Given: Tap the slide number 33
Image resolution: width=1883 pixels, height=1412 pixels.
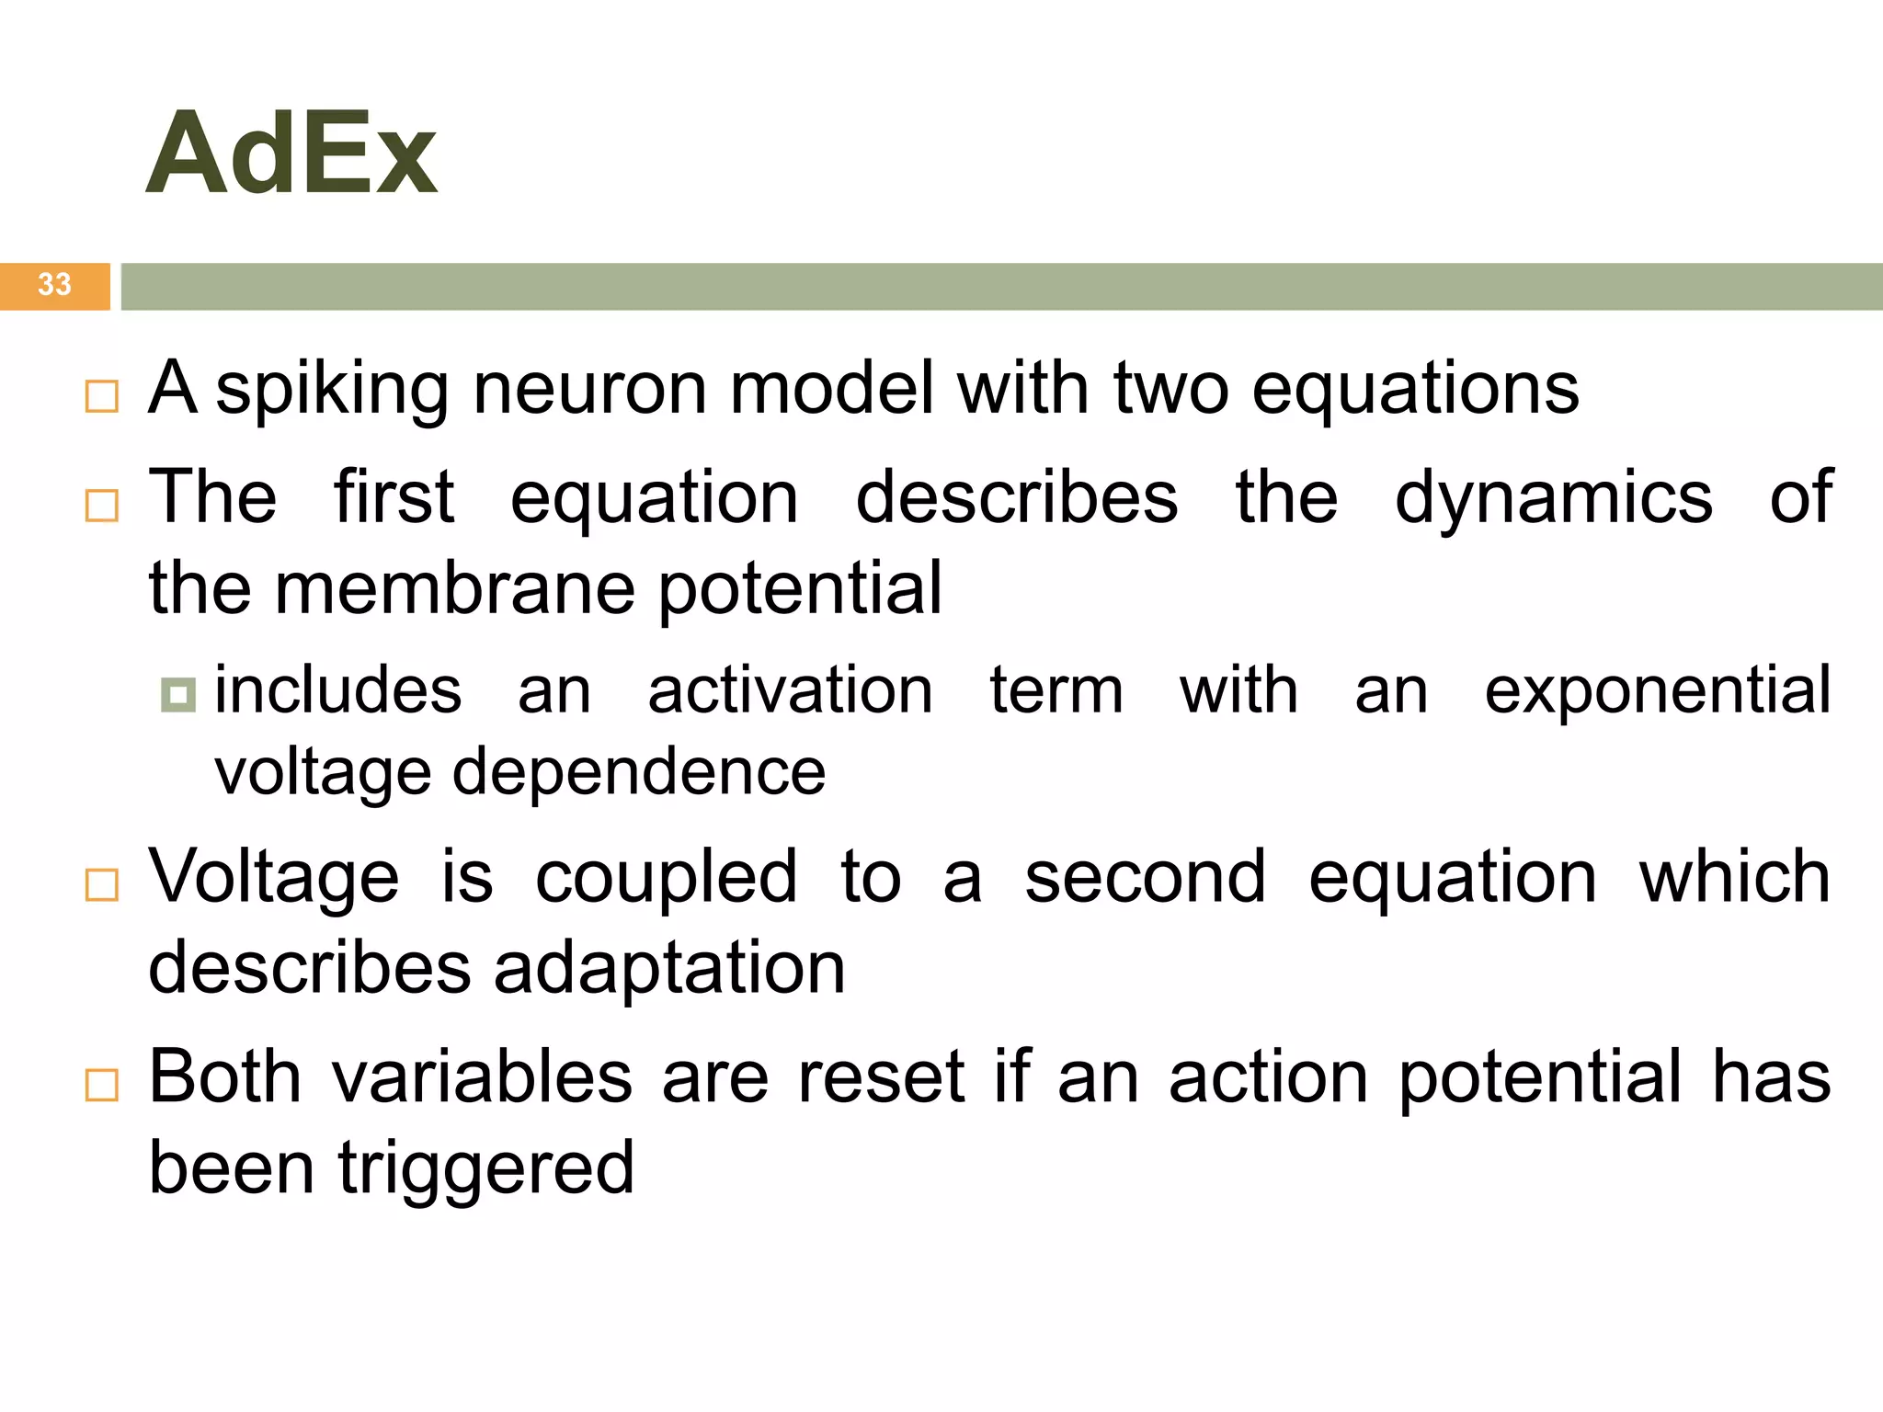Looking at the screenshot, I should click(54, 284).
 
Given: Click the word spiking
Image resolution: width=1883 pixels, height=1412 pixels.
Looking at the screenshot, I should click(331, 390).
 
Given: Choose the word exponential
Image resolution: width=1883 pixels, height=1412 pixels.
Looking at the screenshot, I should click(1657, 691).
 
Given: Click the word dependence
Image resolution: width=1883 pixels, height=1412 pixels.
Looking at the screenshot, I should click(638, 772).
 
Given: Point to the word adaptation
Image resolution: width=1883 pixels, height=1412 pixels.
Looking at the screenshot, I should click(669, 969).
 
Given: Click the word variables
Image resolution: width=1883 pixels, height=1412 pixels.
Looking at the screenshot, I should click(482, 1076).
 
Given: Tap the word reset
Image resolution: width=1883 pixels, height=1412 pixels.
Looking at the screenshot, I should click(880, 1076).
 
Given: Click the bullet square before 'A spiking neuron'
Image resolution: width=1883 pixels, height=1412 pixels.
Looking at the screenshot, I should click(101, 396).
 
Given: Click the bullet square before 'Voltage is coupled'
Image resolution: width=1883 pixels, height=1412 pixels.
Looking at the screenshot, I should click(101, 884).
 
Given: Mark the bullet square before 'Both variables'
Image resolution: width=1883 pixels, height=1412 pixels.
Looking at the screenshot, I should click(101, 1085).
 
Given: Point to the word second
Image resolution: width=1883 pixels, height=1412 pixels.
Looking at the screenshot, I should click(1145, 877).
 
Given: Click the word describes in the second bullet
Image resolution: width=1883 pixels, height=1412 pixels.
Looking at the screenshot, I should click(1016, 498).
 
